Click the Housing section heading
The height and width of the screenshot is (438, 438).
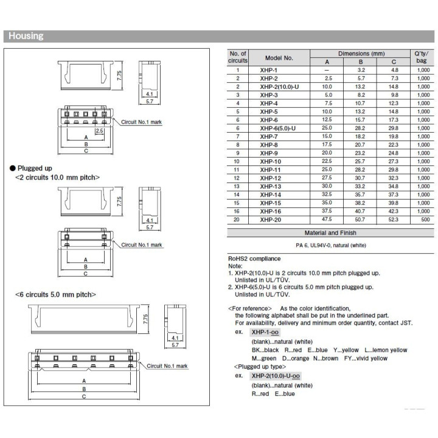point(26,36)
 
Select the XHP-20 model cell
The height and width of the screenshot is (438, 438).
point(269,220)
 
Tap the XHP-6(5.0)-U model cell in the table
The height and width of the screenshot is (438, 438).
point(277,129)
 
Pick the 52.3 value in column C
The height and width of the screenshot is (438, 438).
point(394,220)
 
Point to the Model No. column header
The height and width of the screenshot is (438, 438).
point(279,58)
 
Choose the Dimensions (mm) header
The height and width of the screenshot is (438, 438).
point(361,54)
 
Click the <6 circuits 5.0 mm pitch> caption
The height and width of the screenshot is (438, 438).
point(55,294)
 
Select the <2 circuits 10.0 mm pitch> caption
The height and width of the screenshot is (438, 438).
point(57,177)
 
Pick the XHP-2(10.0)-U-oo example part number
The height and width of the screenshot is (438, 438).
point(276,377)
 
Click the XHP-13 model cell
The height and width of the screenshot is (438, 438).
point(269,186)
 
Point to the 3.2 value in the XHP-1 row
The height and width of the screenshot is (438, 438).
point(361,70)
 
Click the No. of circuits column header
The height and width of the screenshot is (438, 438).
point(238,58)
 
